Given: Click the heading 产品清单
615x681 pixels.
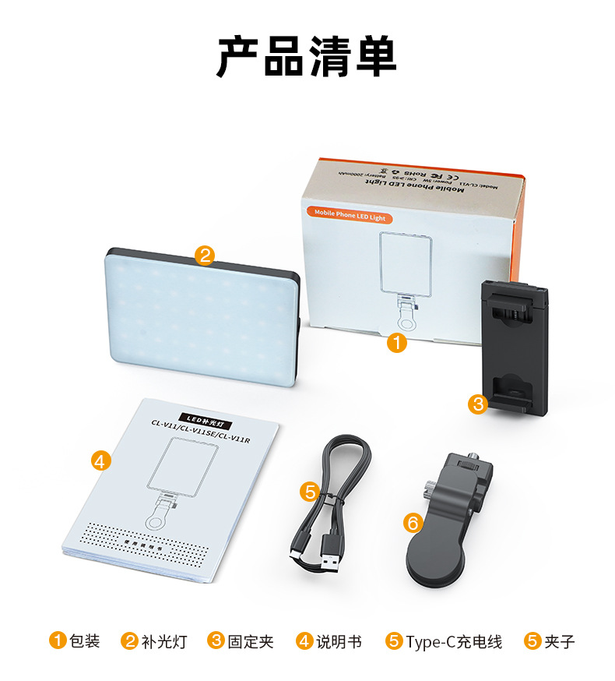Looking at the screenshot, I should [307, 56].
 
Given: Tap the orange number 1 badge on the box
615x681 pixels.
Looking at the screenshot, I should [398, 343].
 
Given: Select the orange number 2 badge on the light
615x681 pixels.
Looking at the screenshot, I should [205, 256].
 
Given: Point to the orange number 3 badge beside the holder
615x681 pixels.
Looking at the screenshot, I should [478, 404].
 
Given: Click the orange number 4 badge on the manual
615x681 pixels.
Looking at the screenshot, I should [100, 460].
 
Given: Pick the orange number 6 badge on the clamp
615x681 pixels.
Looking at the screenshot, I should [413, 523].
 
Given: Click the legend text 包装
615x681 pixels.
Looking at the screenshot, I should [85, 641].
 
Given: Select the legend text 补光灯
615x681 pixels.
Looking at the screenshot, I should [164, 641].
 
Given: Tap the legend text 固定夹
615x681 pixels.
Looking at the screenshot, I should [251, 641].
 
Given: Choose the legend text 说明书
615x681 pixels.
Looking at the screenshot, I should [339, 641].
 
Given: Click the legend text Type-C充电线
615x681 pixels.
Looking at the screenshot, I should [454, 641].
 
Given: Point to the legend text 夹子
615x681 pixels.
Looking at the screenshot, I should [560, 641].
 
